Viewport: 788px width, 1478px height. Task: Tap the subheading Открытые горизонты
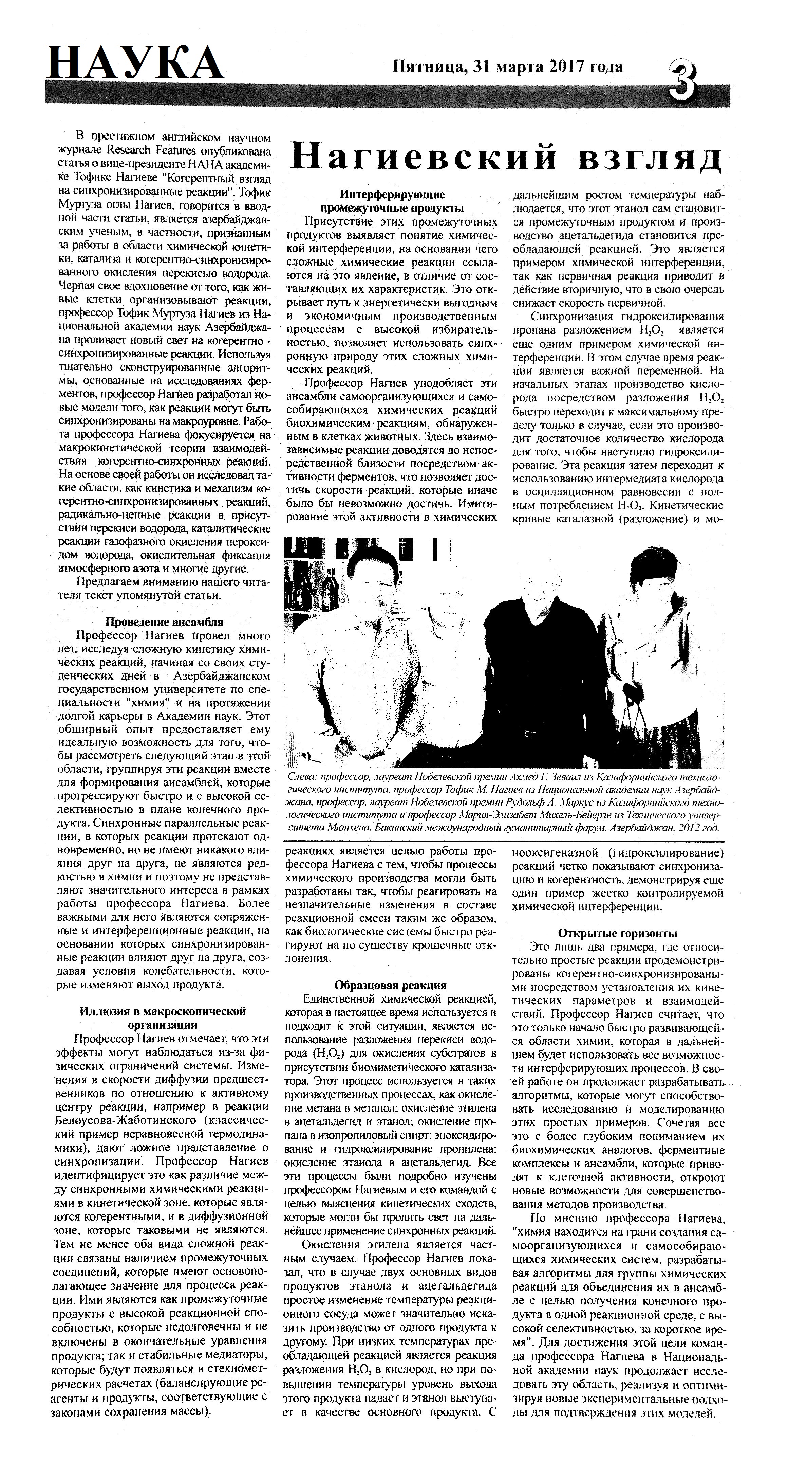coord(618,934)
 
